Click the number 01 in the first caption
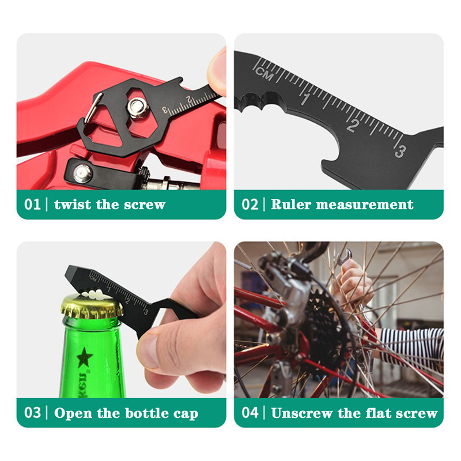click(x=32, y=205)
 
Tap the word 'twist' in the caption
click(x=73, y=205)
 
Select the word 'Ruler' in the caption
click(x=291, y=205)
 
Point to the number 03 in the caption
click(x=32, y=413)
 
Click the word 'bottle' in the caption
click(x=147, y=413)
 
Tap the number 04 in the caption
click(x=250, y=413)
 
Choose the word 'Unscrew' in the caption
click(x=301, y=413)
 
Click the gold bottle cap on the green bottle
click(x=92, y=307)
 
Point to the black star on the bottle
click(x=85, y=357)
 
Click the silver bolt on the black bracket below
click(x=82, y=173)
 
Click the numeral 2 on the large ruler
click(x=353, y=125)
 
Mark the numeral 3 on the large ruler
click(x=400, y=151)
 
